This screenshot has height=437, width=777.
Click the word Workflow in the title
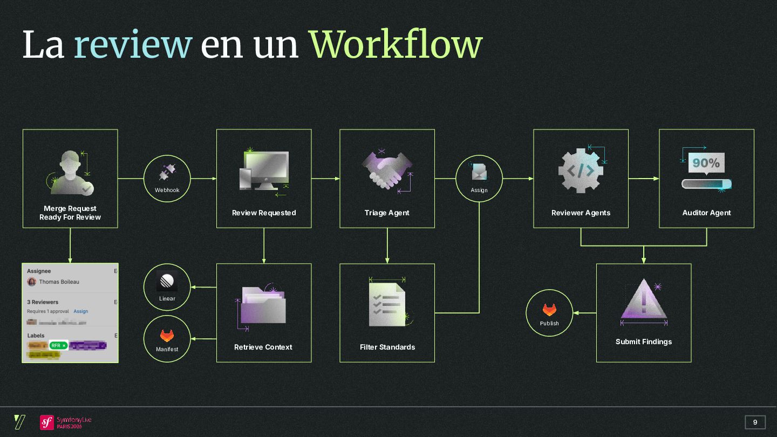tap(395, 45)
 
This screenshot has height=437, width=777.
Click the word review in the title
tap(133, 45)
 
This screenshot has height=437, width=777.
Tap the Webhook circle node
tap(167, 179)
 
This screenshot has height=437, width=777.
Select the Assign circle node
tap(479, 179)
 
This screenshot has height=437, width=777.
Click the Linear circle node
tap(167, 287)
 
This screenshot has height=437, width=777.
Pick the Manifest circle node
tap(167, 339)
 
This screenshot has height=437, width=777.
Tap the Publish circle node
tap(549, 313)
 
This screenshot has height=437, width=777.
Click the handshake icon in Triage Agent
tap(386, 169)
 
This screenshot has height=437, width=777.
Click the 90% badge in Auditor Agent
tap(706, 162)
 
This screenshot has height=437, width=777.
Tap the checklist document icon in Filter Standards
tap(386, 304)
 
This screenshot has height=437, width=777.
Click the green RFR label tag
tap(58, 345)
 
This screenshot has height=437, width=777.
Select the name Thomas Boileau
tap(59, 282)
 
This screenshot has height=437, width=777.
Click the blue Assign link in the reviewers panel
tap(81, 311)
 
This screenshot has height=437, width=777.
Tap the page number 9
tap(755, 422)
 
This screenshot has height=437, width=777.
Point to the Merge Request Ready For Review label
tap(70, 213)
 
